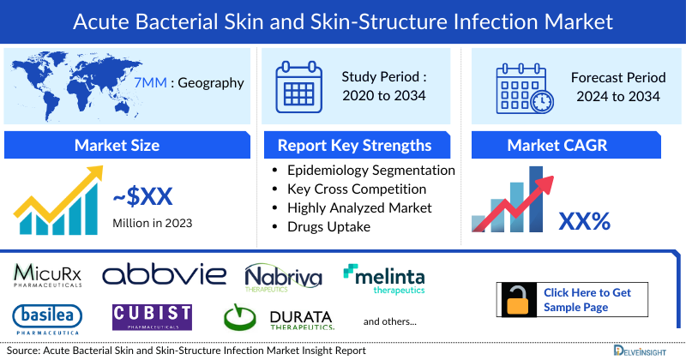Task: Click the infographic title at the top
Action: click(x=343, y=21)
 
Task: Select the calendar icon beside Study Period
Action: click(x=298, y=86)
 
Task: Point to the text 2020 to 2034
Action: click(x=383, y=95)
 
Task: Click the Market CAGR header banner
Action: click(x=569, y=145)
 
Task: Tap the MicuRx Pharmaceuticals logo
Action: click(x=48, y=274)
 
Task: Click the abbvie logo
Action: click(x=165, y=274)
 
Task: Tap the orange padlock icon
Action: click(x=519, y=301)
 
